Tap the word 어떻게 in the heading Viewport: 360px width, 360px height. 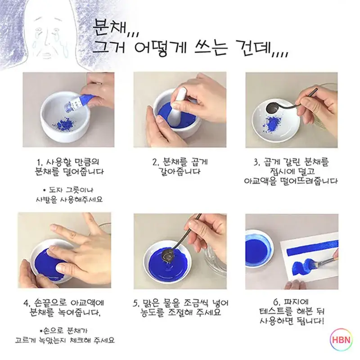tap(161, 47)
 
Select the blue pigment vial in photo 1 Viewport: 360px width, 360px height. tap(75, 101)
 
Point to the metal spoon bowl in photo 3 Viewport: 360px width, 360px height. tap(272, 108)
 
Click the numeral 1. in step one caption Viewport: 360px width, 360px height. tap(40, 162)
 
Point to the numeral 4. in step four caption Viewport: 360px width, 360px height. tap(27, 303)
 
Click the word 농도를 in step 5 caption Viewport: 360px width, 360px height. tap(152, 312)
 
